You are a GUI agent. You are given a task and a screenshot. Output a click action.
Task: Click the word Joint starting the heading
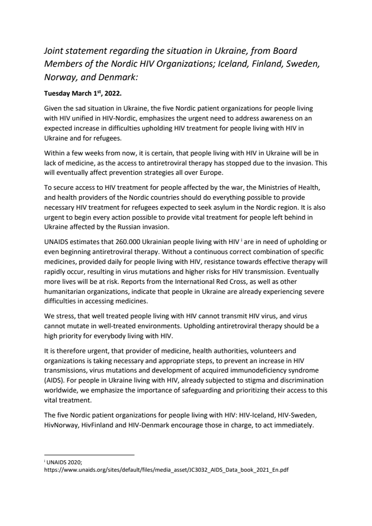pyautogui.click(x=54, y=51)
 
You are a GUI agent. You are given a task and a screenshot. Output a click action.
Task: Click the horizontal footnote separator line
pyautogui.click(x=89, y=455)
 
